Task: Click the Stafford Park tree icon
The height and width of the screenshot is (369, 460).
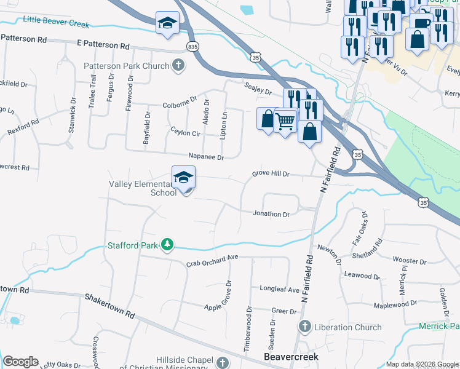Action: pos(167,245)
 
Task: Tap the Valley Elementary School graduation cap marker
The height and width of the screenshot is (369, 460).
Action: pos(183,178)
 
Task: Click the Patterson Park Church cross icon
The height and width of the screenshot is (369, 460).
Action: pos(178,65)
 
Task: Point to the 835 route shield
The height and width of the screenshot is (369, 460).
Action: pos(192,46)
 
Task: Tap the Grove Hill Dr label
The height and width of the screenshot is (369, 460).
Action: pos(271,174)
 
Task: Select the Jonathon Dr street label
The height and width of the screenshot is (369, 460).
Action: pos(271,214)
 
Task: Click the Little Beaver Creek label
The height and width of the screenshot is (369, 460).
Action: pos(56,22)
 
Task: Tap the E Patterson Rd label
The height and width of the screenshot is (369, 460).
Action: pos(104,46)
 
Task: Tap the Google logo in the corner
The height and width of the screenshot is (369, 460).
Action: pos(20,362)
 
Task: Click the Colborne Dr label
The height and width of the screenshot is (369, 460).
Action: pos(180,102)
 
